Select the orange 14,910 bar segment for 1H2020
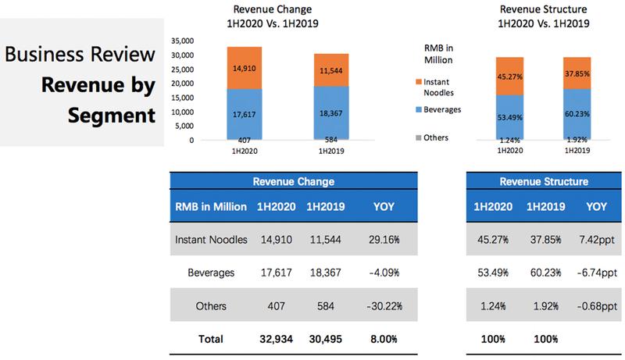245,68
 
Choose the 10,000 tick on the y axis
181,112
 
